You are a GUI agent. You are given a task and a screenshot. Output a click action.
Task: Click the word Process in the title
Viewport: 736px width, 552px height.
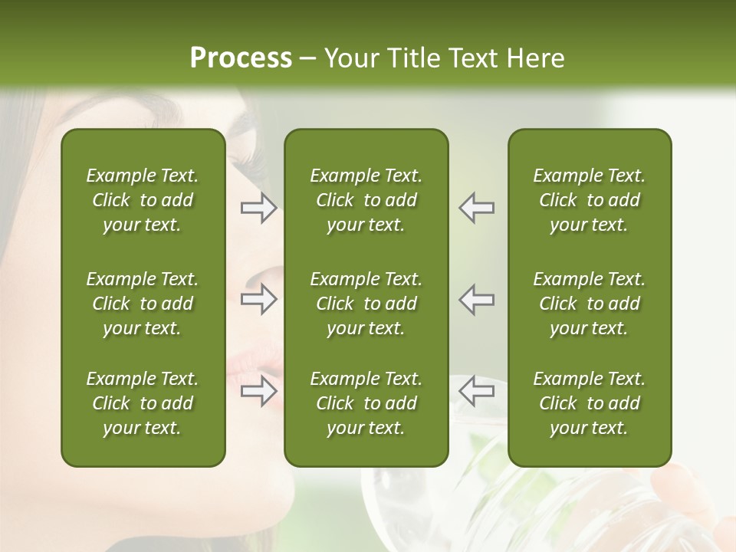(x=241, y=58)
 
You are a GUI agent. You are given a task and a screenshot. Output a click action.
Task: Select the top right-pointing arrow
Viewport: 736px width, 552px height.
(x=258, y=208)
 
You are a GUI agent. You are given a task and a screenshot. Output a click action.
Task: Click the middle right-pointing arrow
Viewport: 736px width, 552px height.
(x=258, y=300)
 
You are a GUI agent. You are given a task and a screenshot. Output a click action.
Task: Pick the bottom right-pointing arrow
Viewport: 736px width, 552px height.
(x=258, y=391)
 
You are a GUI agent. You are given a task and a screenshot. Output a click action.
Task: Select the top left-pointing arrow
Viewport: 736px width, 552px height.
(x=477, y=208)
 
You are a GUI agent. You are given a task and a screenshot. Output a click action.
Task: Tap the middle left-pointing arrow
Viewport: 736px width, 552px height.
(x=477, y=300)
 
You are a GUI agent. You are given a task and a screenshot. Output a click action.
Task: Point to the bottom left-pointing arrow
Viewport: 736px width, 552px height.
(x=477, y=391)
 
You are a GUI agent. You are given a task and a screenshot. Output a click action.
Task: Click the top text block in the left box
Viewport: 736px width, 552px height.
(x=143, y=200)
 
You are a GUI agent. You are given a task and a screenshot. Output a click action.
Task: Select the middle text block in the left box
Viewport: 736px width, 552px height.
(x=143, y=304)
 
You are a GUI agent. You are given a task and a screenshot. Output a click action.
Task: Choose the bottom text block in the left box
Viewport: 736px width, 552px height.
(x=143, y=403)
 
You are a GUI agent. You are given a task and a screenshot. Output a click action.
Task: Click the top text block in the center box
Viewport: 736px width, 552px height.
(x=366, y=200)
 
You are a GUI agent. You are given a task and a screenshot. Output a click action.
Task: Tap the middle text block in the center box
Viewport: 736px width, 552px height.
(x=366, y=304)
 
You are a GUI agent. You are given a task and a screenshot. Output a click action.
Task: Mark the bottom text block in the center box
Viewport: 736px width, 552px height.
(x=366, y=403)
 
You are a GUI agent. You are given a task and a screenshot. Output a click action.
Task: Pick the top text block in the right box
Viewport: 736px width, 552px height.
(x=589, y=200)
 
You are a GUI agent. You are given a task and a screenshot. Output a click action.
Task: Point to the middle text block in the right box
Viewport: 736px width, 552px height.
(x=589, y=304)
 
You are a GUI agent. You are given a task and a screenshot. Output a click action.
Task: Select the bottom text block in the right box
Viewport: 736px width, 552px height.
(x=589, y=403)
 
